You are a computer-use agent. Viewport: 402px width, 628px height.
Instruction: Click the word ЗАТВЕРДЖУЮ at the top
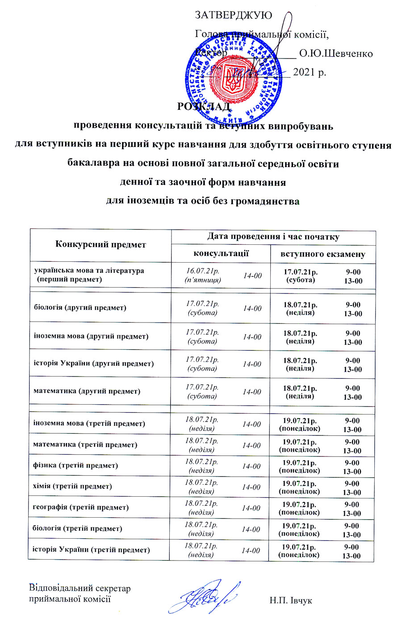tap(233, 15)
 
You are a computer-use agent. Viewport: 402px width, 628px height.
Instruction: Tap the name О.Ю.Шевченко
tap(335, 54)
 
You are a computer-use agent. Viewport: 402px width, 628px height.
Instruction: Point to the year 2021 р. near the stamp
tap(310, 71)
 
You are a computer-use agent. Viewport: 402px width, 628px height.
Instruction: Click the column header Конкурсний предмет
tap(100, 244)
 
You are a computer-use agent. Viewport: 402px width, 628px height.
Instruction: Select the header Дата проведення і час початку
tap(273, 236)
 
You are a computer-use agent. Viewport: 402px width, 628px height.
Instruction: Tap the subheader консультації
tap(221, 253)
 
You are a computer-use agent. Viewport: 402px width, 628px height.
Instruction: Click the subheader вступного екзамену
tap(322, 254)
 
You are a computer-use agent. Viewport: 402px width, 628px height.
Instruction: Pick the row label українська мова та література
tap(89, 271)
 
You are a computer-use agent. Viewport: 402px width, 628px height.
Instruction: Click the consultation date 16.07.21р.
tap(202, 271)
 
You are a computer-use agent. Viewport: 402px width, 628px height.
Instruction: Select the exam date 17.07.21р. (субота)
tap(301, 276)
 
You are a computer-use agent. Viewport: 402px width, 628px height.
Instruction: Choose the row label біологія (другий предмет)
tap(80, 307)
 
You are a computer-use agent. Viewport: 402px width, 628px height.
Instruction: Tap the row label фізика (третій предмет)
tap(75, 465)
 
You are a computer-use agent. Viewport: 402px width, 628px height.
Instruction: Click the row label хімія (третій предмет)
tap(72, 486)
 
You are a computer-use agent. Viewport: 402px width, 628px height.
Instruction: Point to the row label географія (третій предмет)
tap(81, 507)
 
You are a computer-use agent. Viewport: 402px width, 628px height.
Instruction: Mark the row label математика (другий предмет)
tap(87, 391)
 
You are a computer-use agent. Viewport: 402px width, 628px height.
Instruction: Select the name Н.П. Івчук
tap(290, 601)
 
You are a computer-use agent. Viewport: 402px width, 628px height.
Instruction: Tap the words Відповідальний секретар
tap(80, 589)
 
